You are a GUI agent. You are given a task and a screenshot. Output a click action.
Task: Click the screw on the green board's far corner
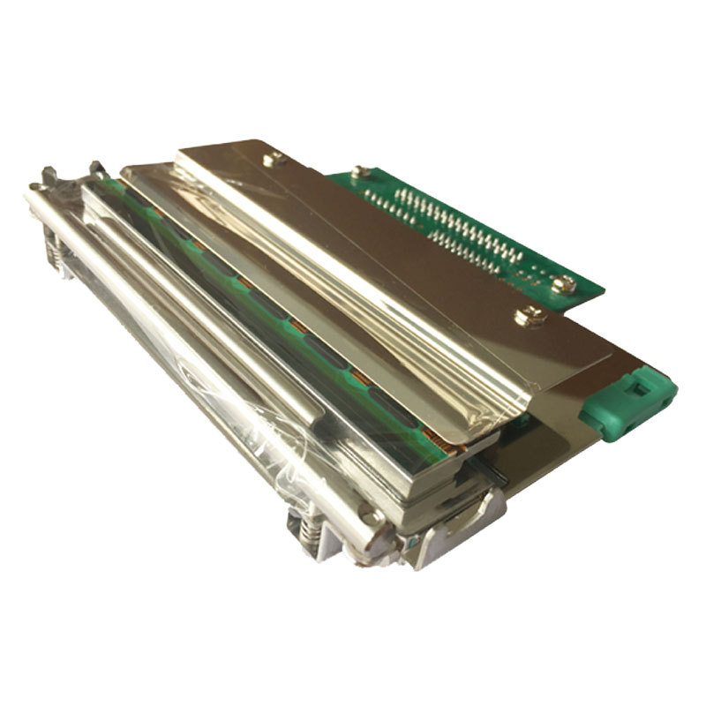(357, 172)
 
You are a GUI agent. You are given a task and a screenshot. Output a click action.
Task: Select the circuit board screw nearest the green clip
(562, 284)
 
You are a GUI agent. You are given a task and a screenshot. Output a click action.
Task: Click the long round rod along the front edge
(203, 353)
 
